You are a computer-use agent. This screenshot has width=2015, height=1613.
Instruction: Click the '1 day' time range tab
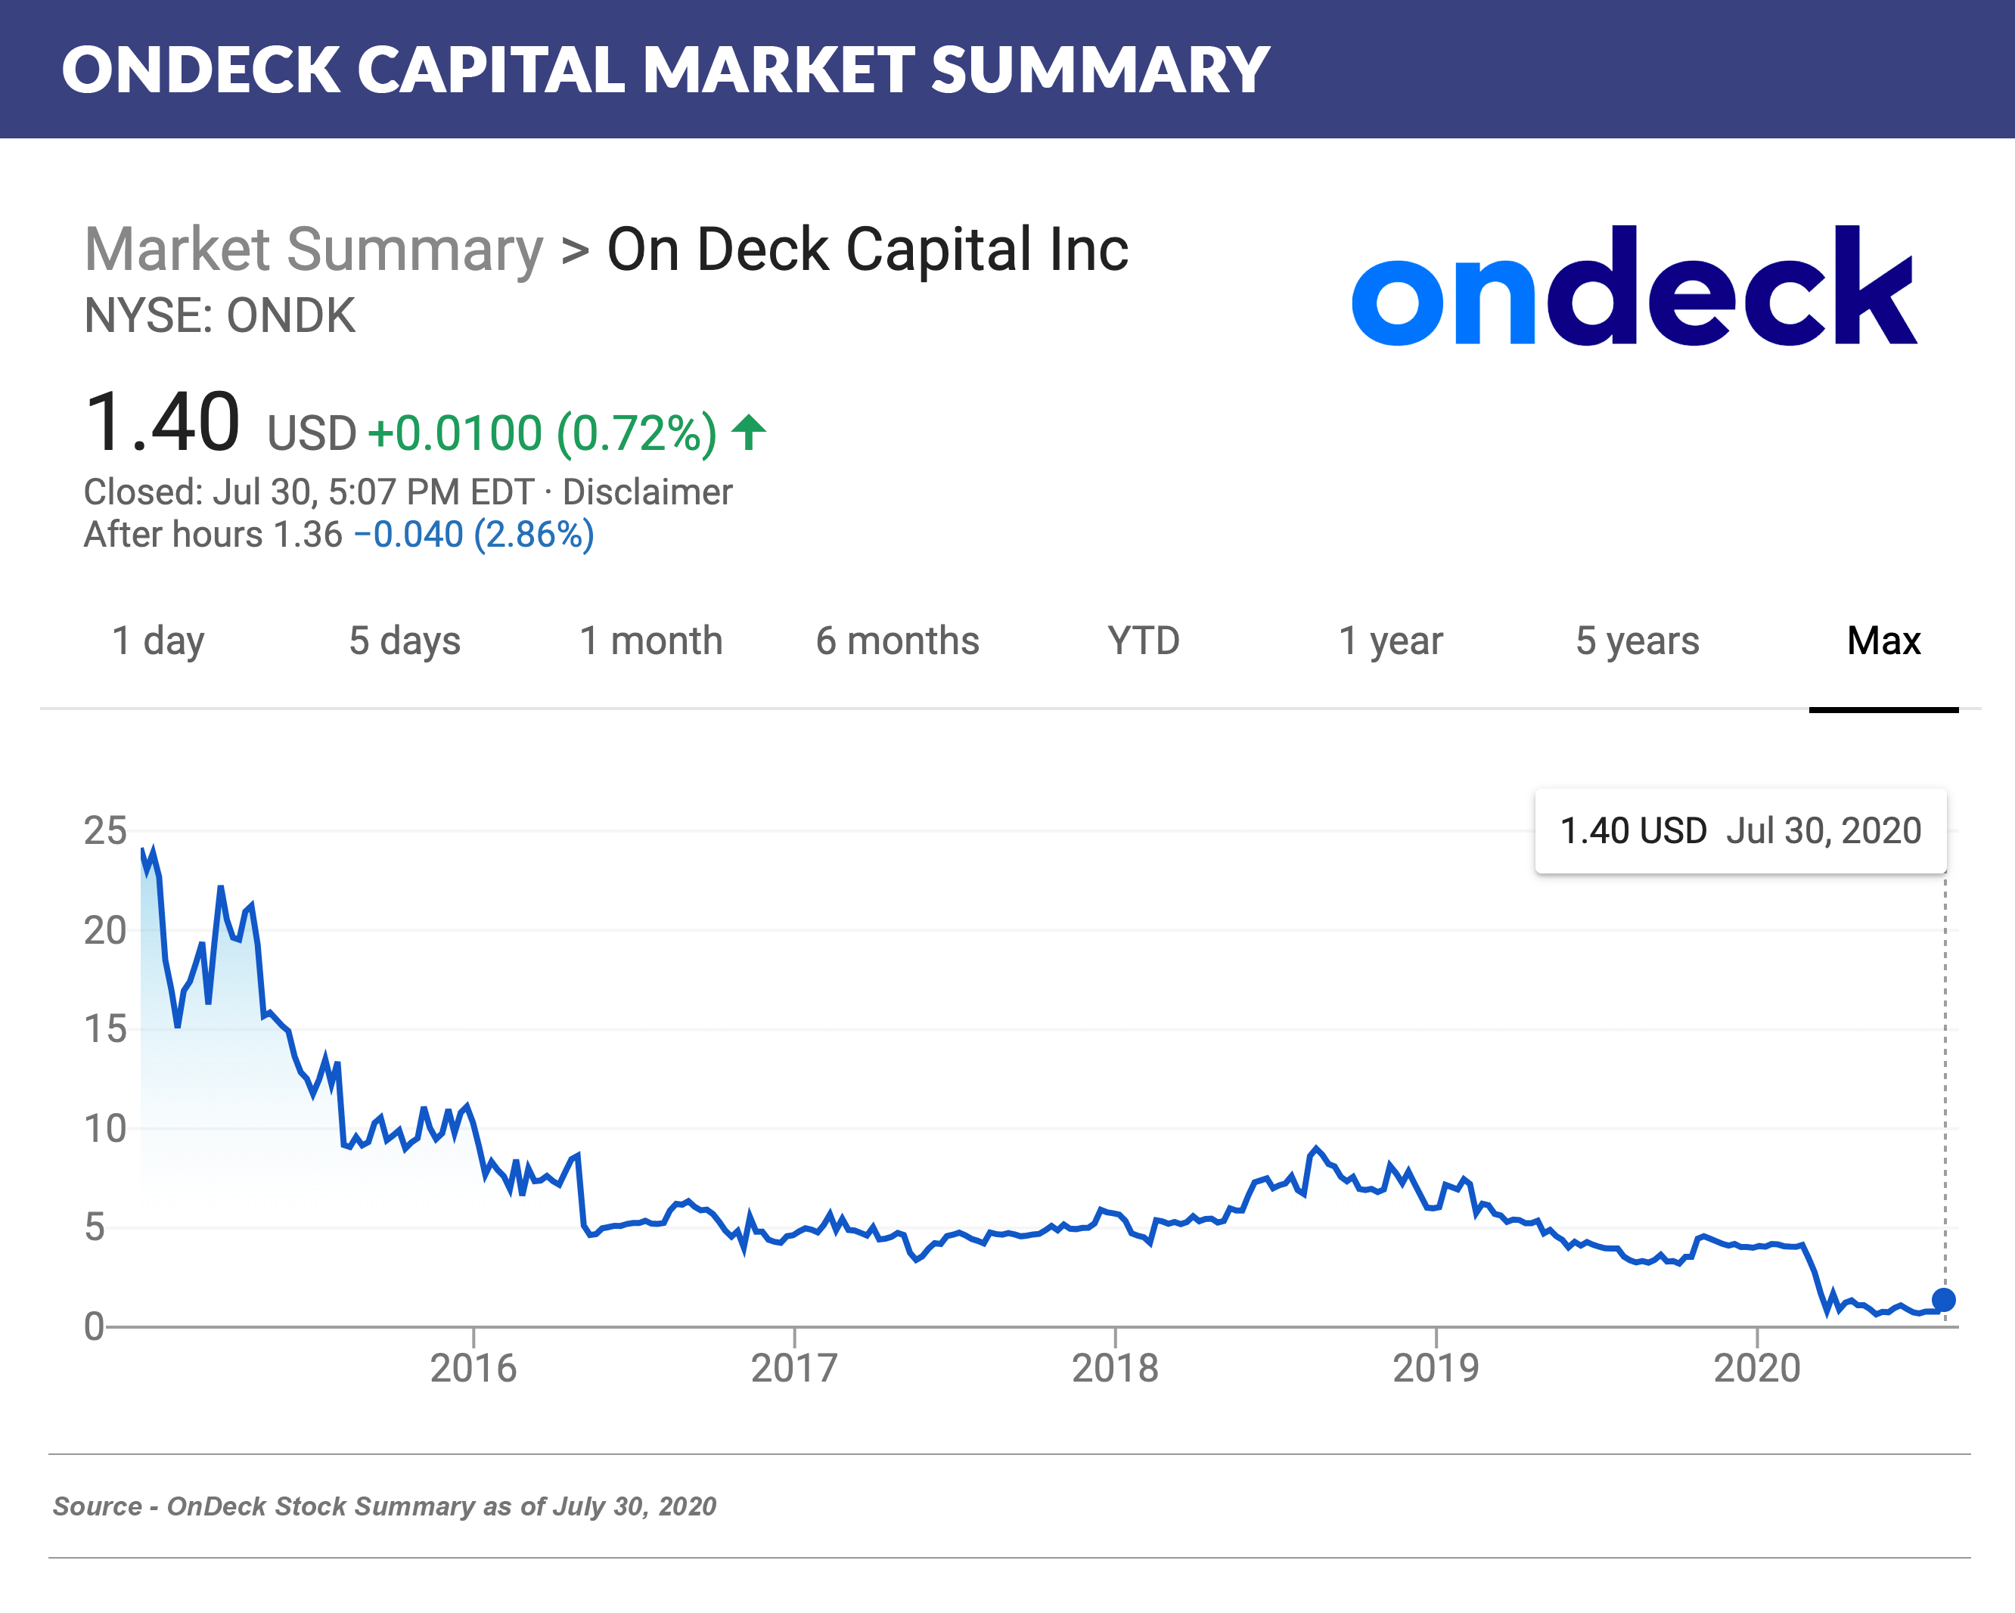coord(157,641)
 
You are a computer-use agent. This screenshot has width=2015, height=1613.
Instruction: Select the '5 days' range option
coord(405,641)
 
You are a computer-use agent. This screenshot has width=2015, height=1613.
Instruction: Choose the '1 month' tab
coord(650,641)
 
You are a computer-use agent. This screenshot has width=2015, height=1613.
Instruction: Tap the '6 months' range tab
coord(897,641)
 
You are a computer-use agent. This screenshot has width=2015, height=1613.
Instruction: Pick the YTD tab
coord(1143,641)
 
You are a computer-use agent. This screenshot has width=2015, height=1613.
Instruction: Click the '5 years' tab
coord(1638,641)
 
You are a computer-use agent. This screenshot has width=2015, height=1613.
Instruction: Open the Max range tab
coord(1883,641)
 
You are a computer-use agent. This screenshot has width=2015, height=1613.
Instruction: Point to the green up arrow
coord(749,432)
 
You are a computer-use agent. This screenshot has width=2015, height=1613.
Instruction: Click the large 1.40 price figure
coord(162,423)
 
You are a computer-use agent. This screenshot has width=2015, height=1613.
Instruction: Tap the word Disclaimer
coord(647,492)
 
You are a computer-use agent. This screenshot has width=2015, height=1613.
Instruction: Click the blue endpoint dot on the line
coord(1943,1300)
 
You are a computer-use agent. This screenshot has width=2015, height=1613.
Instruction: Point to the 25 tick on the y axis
coord(104,831)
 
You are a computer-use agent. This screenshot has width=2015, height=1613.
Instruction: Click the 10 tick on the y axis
coord(104,1129)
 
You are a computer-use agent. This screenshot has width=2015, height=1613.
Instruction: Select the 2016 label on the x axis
coord(473,1368)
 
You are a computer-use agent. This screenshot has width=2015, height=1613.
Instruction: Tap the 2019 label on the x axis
coord(1436,1368)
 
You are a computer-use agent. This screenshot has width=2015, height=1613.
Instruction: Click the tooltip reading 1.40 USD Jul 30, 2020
coord(1740,831)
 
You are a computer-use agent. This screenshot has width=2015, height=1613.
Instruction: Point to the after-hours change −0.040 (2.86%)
coord(473,535)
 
